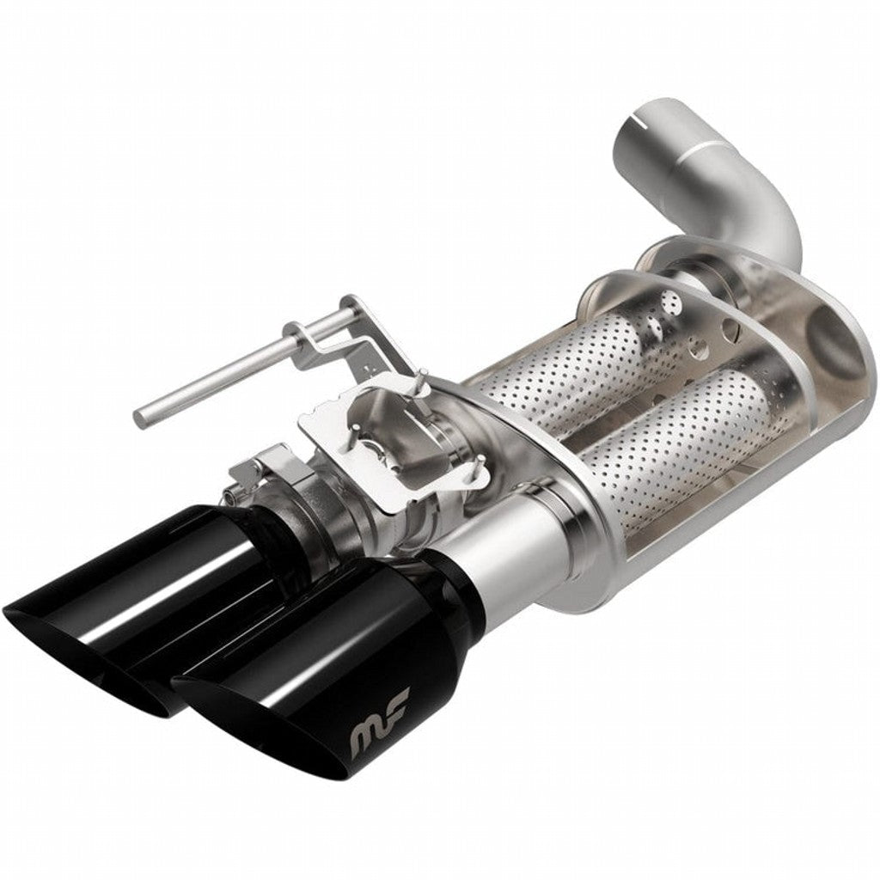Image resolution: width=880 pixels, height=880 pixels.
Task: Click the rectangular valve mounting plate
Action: coord(387,447)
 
